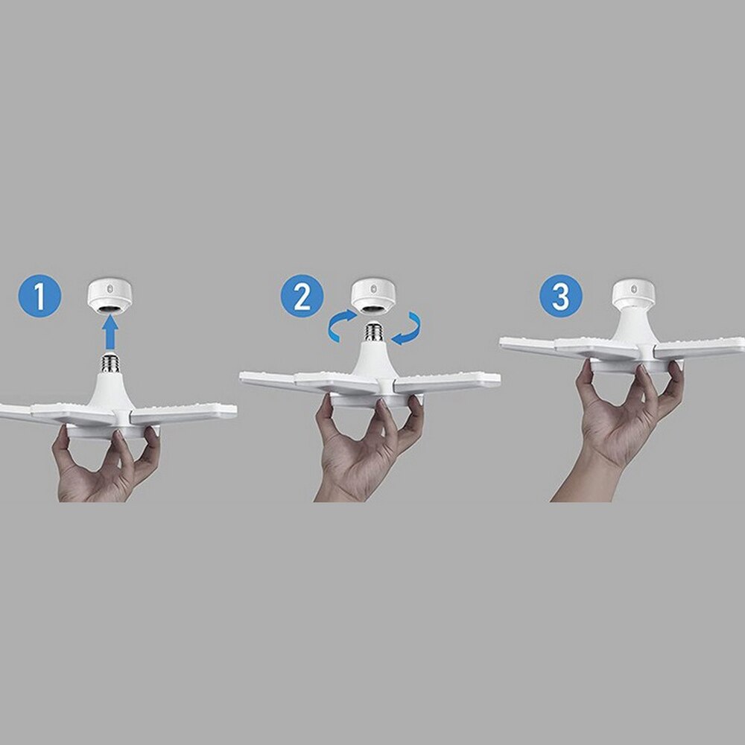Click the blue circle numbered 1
(39, 296)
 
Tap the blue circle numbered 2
(302, 296)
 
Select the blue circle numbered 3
(561, 296)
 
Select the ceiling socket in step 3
(633, 293)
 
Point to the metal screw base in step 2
(373, 332)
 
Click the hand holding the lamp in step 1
(107, 463)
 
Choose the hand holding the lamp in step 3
(622, 432)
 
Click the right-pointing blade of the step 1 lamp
(183, 413)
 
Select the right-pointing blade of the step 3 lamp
(699, 347)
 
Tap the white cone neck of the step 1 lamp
(110, 392)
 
